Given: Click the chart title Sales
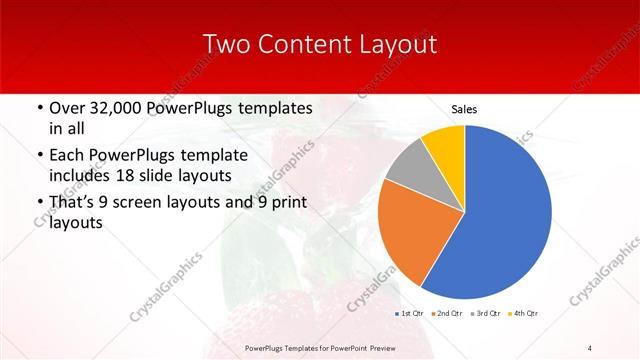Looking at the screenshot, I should (x=464, y=108).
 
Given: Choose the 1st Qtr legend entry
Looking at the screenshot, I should (x=411, y=314).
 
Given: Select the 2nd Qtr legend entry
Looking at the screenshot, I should (x=446, y=314).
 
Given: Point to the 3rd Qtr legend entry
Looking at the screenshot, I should (x=484, y=314).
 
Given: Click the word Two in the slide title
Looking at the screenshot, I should (x=227, y=44).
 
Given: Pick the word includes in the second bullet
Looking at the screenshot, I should (x=79, y=176).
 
